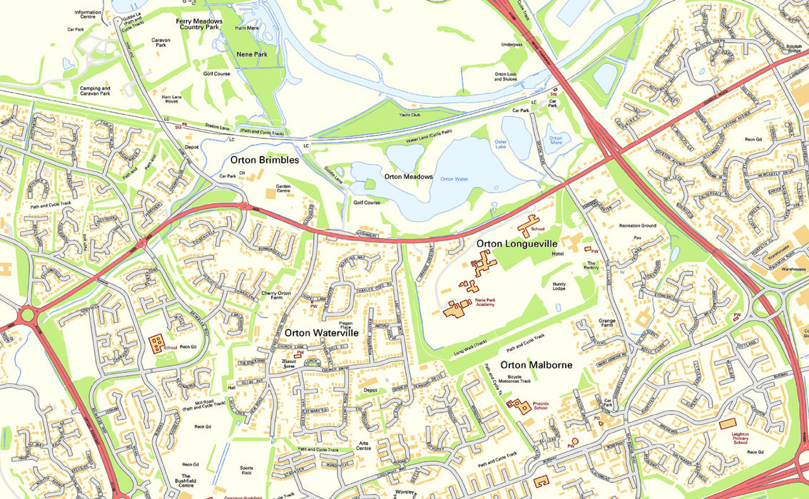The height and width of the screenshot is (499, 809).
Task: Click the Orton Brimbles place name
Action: (x=264, y=160)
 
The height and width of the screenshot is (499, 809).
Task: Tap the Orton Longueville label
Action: (x=517, y=244)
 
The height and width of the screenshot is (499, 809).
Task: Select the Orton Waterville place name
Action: (x=321, y=333)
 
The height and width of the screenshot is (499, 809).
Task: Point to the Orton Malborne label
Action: (x=531, y=365)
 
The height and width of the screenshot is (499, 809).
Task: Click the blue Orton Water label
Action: (x=454, y=179)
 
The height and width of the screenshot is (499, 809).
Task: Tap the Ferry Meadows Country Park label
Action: (x=200, y=25)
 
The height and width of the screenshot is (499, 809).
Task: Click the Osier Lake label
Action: (x=506, y=145)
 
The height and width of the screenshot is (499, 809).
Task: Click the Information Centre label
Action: (x=88, y=14)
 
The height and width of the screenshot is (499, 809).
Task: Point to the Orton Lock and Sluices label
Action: (x=505, y=76)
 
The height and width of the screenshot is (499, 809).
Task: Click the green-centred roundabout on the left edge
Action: (x=27, y=314)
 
